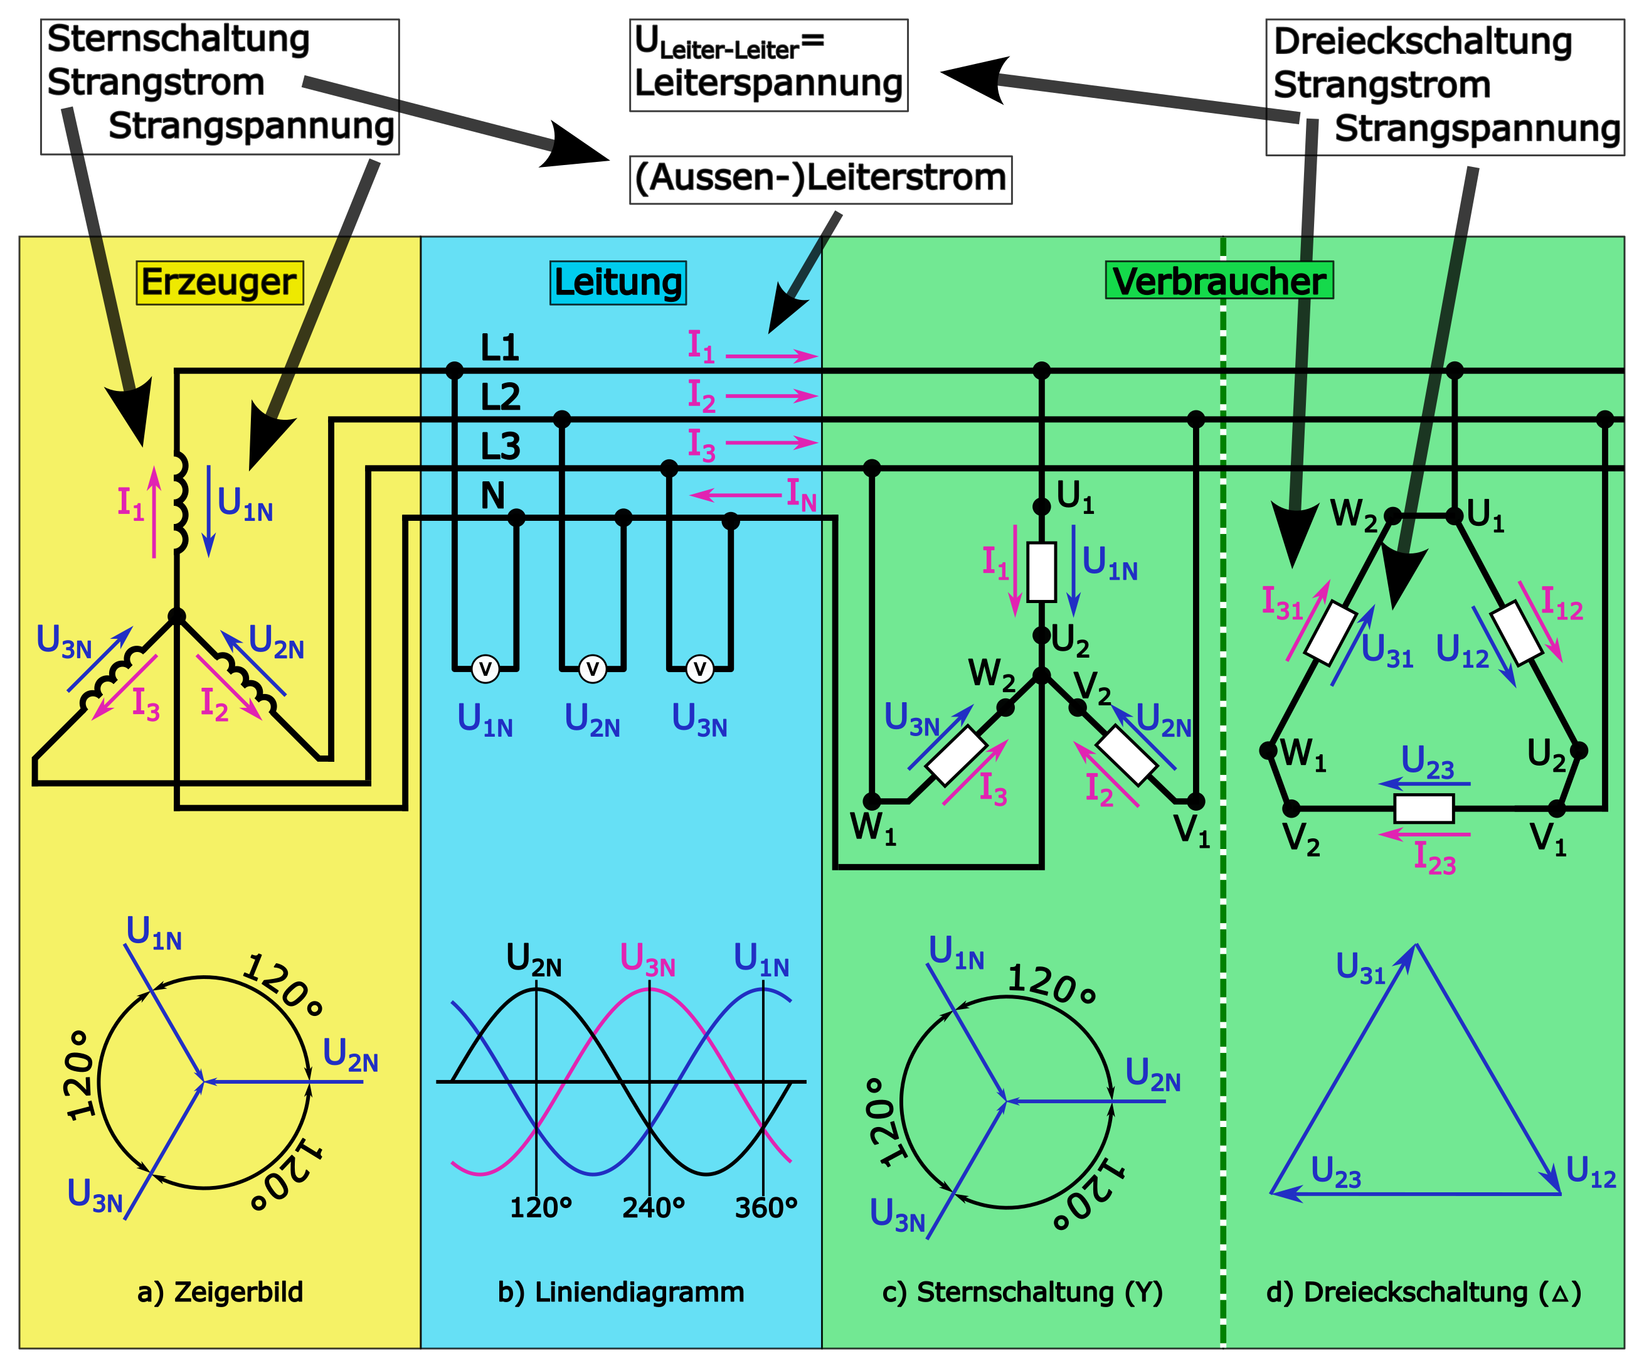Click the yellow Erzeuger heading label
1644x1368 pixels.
tap(219, 282)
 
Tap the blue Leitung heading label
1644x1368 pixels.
tap(618, 282)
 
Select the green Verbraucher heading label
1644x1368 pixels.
tap(1219, 281)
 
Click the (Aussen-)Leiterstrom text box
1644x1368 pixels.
tap(820, 179)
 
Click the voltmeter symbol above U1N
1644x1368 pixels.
tap(485, 670)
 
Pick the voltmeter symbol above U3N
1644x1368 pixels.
tap(700, 670)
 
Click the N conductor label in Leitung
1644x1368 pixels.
tap(492, 496)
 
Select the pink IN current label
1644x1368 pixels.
tap(801, 495)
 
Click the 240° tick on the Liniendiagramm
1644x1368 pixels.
tap(654, 1208)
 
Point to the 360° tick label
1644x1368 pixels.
tap(766, 1208)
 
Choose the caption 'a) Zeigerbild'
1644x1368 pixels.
tap(220, 1292)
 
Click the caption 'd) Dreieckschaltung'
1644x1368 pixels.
tap(1423, 1292)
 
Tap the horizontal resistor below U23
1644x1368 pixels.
tap(1424, 809)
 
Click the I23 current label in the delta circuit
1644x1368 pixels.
tap(1435, 858)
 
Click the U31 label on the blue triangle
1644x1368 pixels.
tap(1360, 969)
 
